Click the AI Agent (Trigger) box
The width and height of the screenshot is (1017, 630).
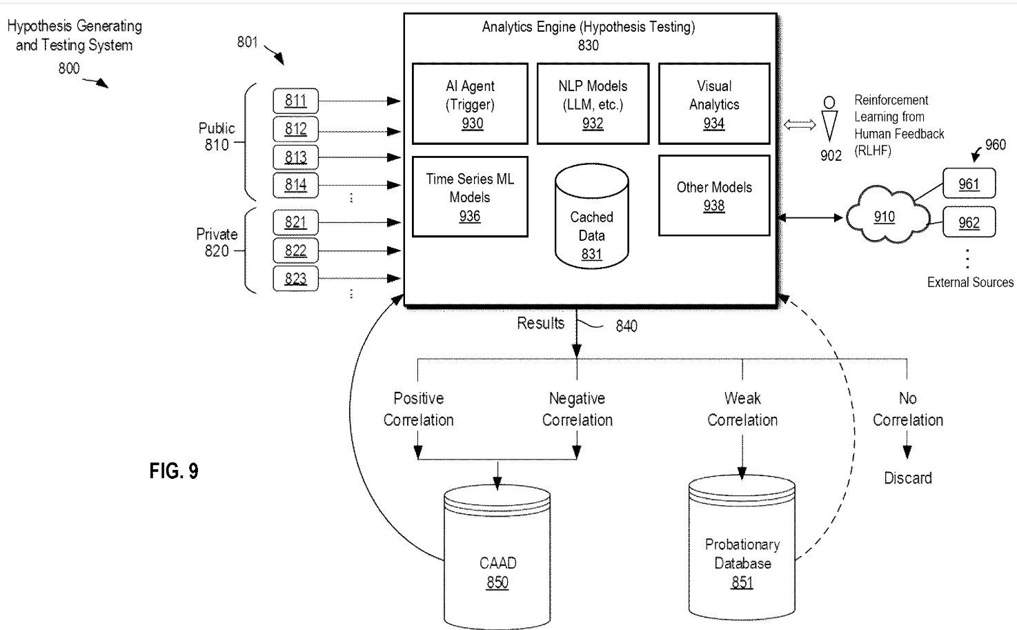470,104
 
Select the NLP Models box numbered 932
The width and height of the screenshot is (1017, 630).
593,104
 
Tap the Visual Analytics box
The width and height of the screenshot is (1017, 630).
714,104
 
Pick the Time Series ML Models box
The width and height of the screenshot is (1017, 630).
470,197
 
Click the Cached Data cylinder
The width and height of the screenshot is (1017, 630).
591,216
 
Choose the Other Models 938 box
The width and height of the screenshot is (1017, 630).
714,196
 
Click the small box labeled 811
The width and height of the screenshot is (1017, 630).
295,101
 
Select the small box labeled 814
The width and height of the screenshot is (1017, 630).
295,186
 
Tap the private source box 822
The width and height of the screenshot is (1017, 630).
295,250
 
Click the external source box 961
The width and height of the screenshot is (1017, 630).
969,184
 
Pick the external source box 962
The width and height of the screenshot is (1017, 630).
969,222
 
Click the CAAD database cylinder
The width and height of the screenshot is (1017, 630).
497,556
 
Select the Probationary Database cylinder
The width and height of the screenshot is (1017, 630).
742,547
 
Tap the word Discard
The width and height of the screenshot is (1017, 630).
907,478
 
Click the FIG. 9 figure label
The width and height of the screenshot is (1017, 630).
174,471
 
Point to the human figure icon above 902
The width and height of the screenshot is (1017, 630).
829,119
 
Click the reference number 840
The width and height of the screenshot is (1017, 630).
626,326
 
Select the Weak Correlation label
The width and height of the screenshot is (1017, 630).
742,409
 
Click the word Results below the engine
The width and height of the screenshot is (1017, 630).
540,323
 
